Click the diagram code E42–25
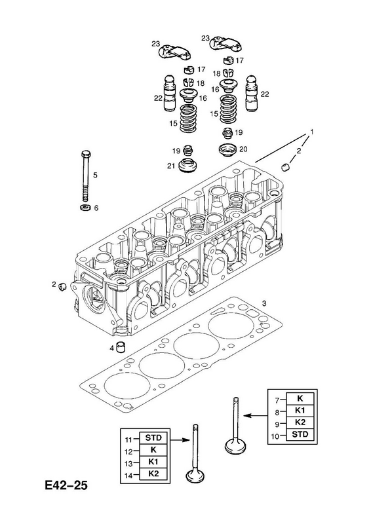click(x=66, y=485)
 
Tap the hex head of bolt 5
click(x=86, y=154)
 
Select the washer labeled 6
click(x=85, y=208)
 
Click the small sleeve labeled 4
click(x=120, y=347)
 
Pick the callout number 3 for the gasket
click(x=264, y=303)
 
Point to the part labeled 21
click(x=187, y=166)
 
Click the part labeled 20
click(x=227, y=149)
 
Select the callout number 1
click(x=312, y=132)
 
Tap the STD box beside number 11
click(x=153, y=438)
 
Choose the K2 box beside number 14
click(x=153, y=474)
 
